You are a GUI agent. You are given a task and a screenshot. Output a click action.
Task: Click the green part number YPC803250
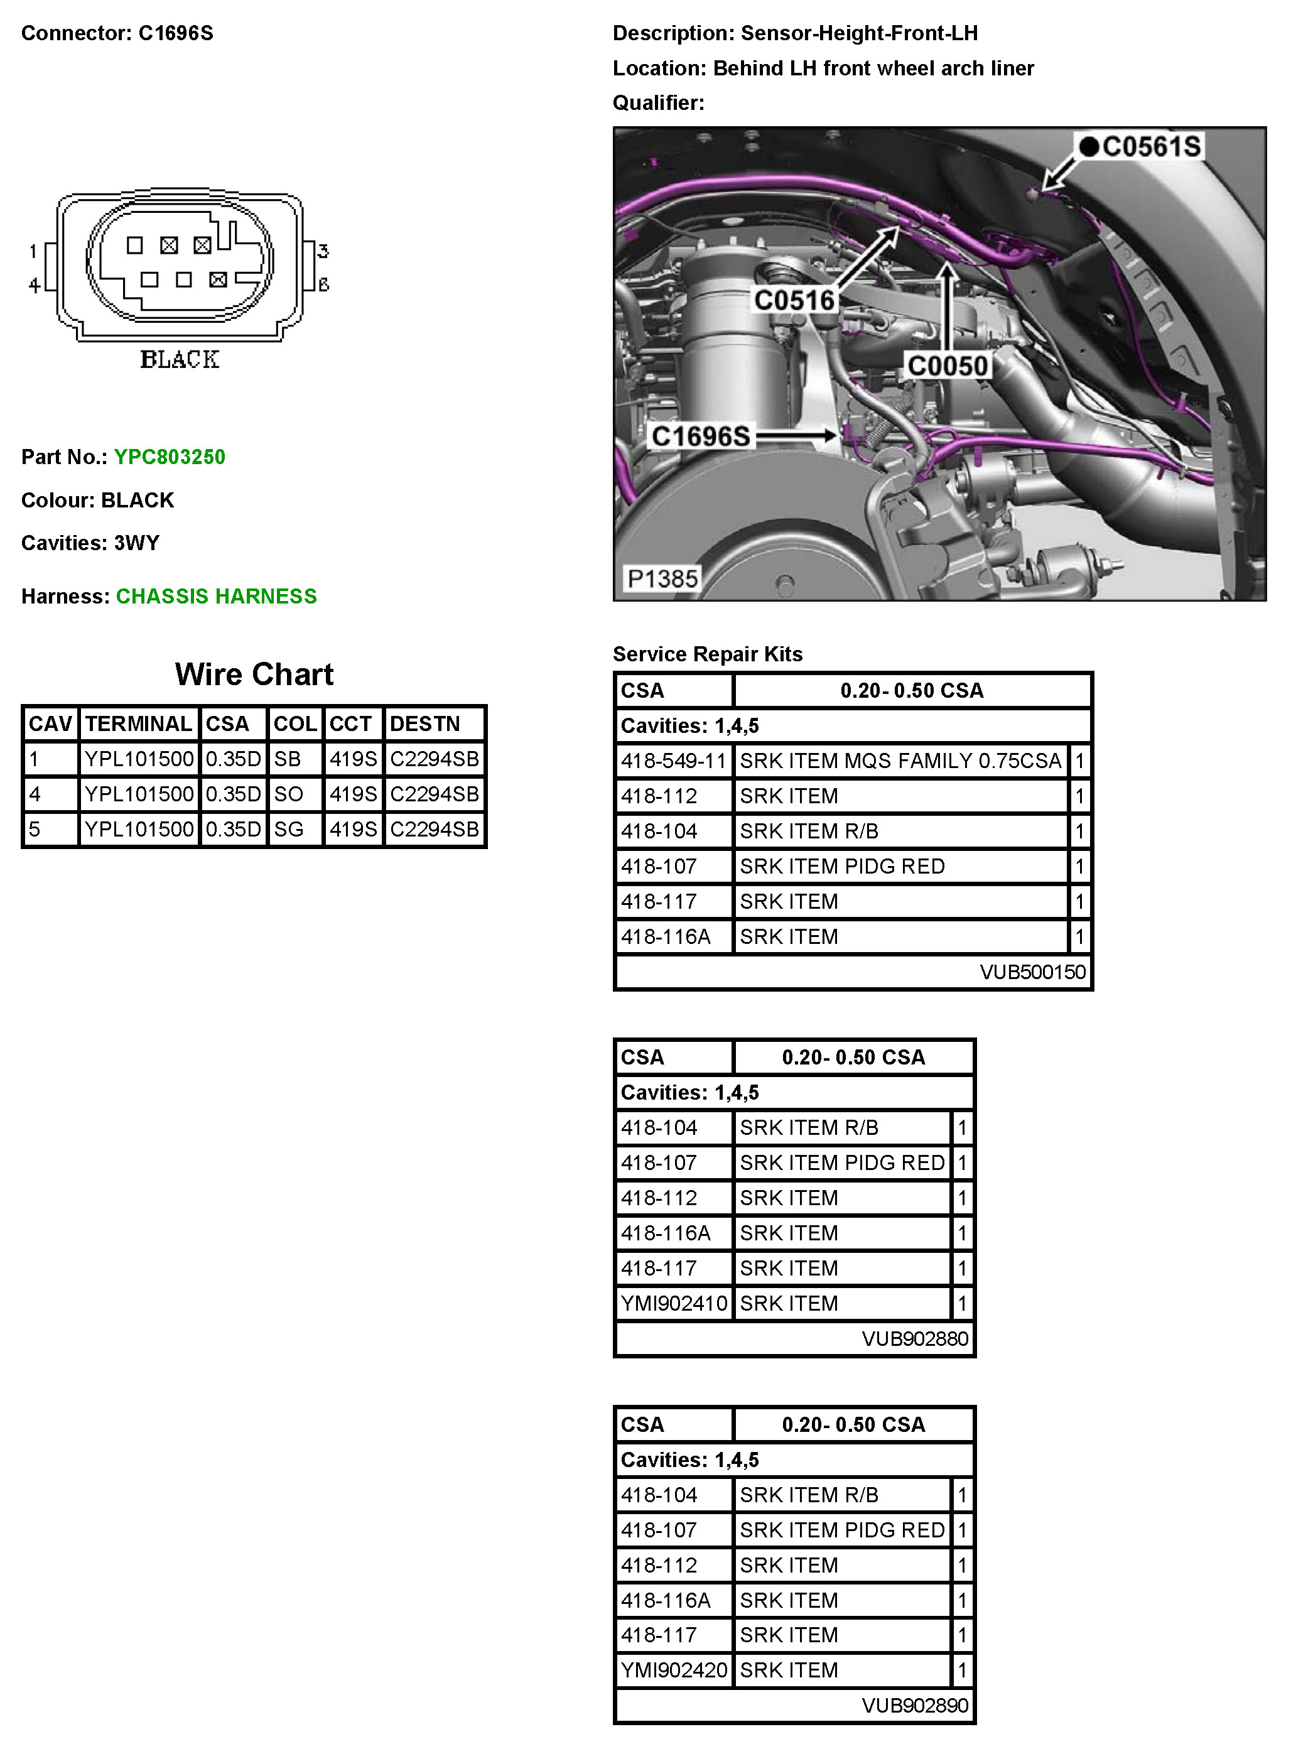pyautogui.click(x=170, y=457)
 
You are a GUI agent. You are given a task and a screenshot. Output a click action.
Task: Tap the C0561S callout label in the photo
pyautogui.click(x=1151, y=147)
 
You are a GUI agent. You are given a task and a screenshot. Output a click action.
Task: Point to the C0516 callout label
pyautogui.click(x=794, y=300)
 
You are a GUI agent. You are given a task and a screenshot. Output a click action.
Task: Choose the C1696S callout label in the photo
pyautogui.click(x=701, y=436)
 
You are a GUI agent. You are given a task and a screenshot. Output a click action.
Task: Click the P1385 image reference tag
pyautogui.click(x=662, y=579)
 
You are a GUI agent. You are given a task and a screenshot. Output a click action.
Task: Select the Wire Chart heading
pyautogui.click(x=254, y=674)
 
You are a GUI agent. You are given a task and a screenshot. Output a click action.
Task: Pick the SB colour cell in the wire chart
pyautogui.click(x=288, y=759)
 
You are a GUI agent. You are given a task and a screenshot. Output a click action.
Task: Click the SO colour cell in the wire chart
pyautogui.click(x=288, y=794)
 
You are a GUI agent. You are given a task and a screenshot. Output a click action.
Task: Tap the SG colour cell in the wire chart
pyautogui.click(x=288, y=829)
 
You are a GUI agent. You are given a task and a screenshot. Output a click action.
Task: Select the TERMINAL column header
pyautogui.click(x=138, y=723)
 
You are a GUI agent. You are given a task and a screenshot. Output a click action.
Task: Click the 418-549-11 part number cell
pyautogui.click(x=674, y=761)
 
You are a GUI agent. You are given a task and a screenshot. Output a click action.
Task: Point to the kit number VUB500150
pyautogui.click(x=1032, y=972)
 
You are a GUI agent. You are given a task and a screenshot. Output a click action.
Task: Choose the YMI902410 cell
pyautogui.click(x=674, y=1303)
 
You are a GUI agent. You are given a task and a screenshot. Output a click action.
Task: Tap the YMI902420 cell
pyautogui.click(x=674, y=1670)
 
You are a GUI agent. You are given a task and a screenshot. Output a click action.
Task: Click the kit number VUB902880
pyautogui.click(x=915, y=1338)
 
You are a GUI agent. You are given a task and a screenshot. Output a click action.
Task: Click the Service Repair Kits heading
pyautogui.click(x=707, y=654)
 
